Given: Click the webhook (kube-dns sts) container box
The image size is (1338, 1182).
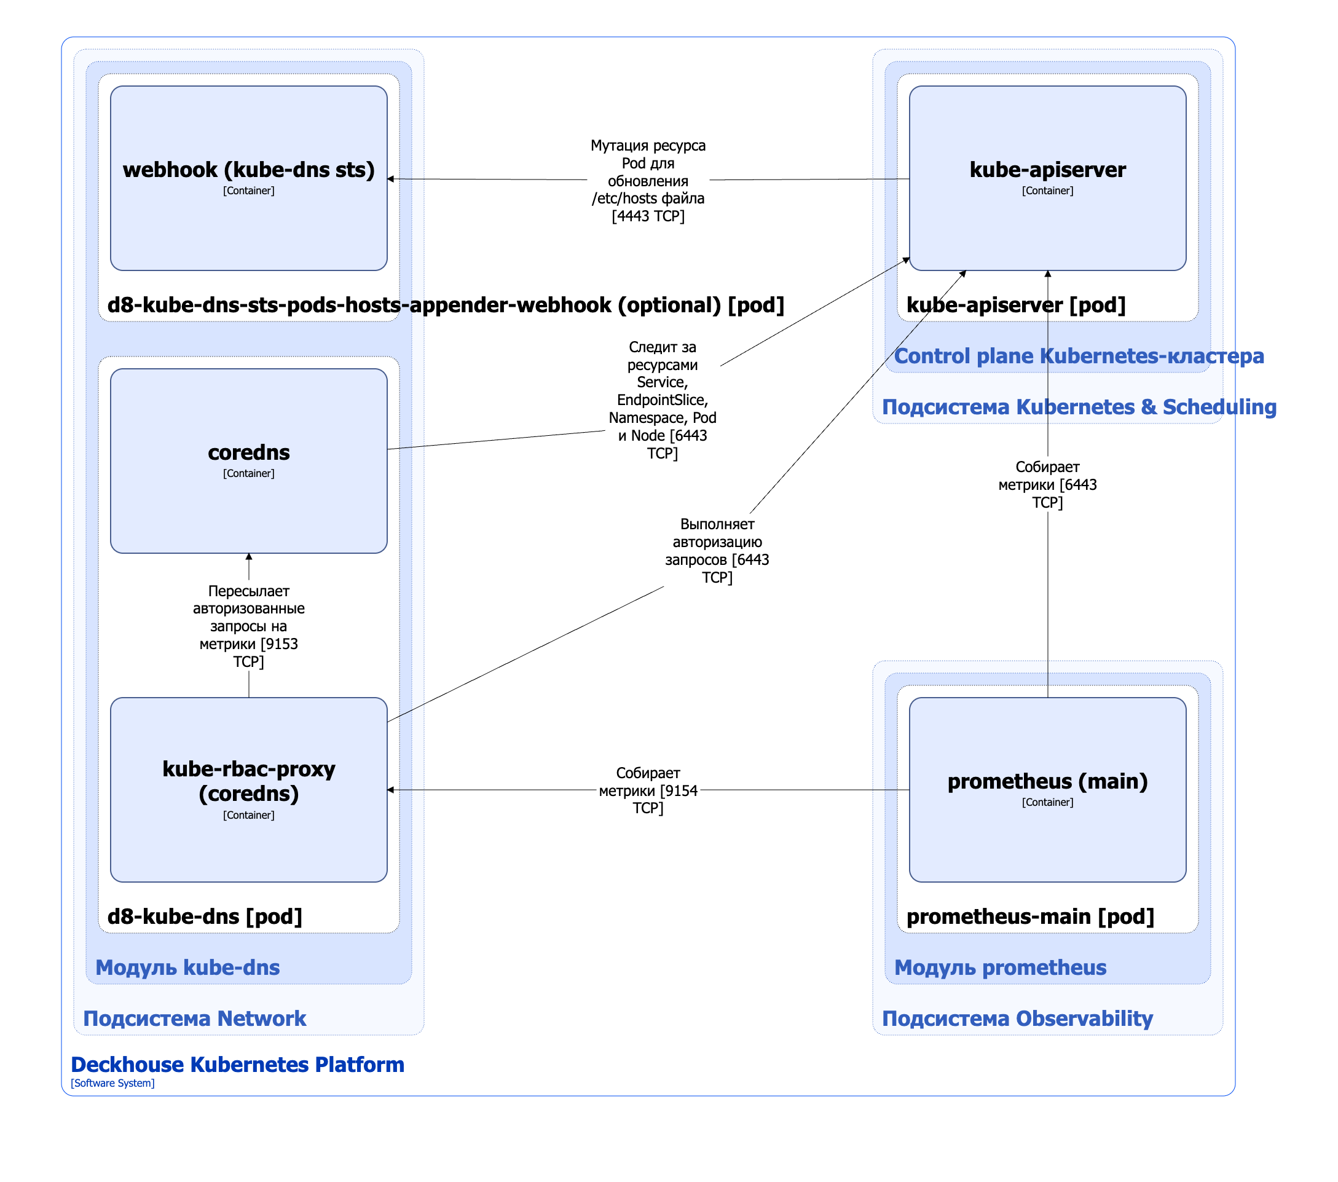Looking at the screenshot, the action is point(249,178).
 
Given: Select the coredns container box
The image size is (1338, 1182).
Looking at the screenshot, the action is point(249,461).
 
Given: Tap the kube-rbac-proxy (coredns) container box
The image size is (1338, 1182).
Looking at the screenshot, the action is point(249,790).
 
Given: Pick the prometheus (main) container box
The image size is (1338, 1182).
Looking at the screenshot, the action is point(1047,790).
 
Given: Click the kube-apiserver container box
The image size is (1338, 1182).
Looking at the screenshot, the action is point(1047,178).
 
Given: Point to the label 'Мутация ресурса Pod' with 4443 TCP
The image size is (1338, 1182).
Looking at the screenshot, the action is point(648,181).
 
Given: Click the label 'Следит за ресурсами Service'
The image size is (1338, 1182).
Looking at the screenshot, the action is point(663,400).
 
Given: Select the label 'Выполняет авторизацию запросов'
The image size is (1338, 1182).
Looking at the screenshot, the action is point(717,550).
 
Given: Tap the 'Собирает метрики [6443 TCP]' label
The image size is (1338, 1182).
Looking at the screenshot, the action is point(1047,484).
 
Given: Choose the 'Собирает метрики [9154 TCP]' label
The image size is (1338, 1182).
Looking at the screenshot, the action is point(648,790).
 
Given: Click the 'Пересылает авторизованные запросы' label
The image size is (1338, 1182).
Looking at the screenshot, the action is point(249,626).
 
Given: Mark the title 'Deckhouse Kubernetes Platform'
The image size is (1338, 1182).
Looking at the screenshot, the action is point(238,1065).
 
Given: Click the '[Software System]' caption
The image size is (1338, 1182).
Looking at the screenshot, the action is point(112,1083).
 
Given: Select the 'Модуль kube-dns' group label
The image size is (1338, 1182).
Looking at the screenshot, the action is point(188,967).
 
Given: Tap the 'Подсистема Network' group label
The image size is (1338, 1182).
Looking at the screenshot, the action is point(194,1018).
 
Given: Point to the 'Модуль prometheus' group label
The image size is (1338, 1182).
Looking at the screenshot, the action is point(1000,967).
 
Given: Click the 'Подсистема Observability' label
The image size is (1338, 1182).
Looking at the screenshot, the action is point(1017,1018).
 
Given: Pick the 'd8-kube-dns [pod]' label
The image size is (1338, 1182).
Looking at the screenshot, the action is point(205,916).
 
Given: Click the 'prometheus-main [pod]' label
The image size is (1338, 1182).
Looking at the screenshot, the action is point(1030,916).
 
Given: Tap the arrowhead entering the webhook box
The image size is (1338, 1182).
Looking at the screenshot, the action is point(391,179).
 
